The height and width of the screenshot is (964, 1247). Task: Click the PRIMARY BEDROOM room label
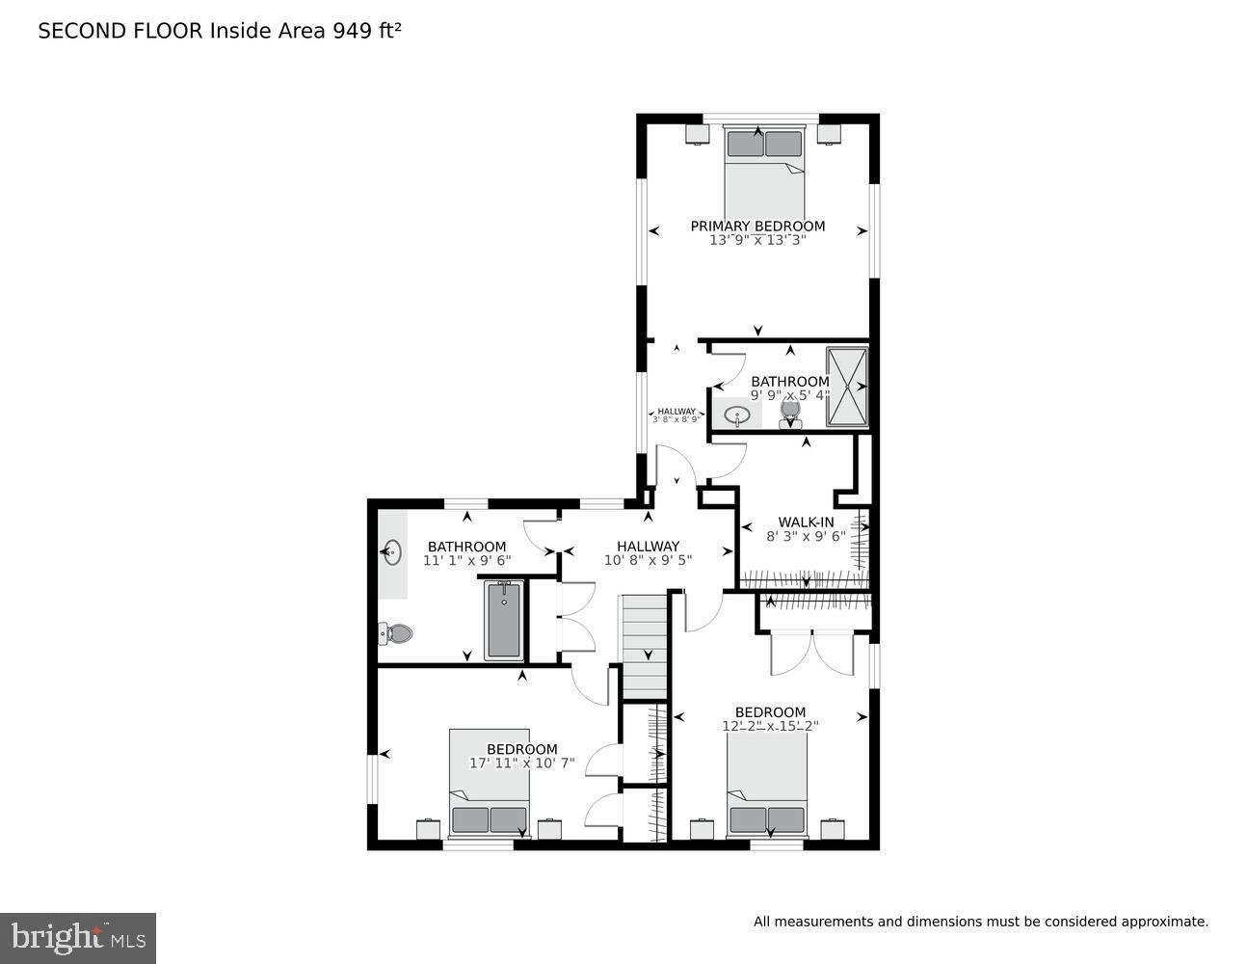pyautogui.click(x=757, y=227)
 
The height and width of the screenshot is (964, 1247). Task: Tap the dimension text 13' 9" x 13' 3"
pyautogui.click(x=757, y=241)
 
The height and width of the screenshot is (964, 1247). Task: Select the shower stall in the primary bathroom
pyautogui.click(x=848, y=387)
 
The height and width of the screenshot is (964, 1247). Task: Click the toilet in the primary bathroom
pyautogui.click(x=790, y=413)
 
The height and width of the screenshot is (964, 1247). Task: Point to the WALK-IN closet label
pyautogui.click(x=806, y=522)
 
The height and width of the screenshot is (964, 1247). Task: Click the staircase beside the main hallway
pyautogui.click(x=643, y=647)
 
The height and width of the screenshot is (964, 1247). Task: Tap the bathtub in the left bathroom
pyautogui.click(x=503, y=620)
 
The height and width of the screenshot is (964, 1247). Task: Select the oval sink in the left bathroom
pyautogui.click(x=392, y=553)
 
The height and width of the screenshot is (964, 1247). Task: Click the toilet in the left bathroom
pyautogui.click(x=396, y=633)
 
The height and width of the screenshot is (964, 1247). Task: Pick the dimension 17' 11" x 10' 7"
pyautogui.click(x=521, y=763)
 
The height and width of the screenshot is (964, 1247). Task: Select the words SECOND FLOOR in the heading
pyautogui.click(x=120, y=31)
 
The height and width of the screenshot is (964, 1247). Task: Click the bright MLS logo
pyautogui.click(x=78, y=937)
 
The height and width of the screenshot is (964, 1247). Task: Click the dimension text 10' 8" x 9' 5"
pyautogui.click(x=648, y=560)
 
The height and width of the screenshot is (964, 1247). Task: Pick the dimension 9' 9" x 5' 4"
pyautogui.click(x=790, y=395)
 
